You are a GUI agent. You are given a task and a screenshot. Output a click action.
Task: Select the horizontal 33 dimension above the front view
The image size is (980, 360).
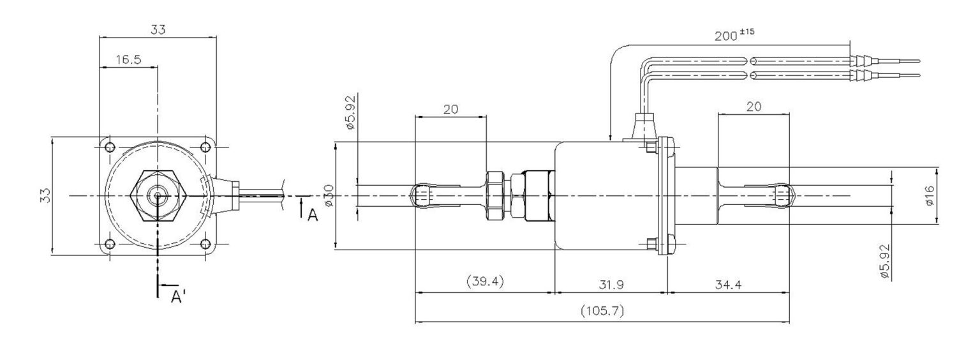[158, 29]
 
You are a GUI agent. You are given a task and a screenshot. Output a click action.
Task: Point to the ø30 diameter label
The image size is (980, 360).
[328, 195]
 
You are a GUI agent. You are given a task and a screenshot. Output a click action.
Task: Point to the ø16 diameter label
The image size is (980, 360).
[929, 195]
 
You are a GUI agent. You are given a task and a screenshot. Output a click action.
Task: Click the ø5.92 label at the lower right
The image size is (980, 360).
[884, 260]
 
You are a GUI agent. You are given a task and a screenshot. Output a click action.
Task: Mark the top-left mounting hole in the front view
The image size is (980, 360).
[109, 147]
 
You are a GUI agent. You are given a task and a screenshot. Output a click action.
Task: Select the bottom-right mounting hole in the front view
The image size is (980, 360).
[205, 243]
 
